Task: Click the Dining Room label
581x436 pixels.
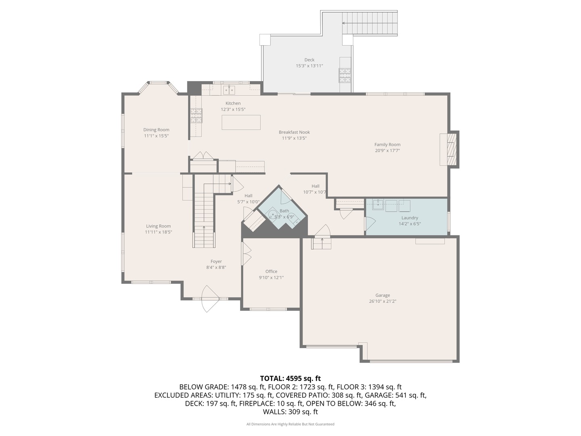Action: tap(156, 130)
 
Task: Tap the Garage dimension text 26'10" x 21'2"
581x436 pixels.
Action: tap(382, 301)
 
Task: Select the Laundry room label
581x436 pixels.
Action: tap(410, 218)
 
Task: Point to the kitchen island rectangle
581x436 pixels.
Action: tap(241, 122)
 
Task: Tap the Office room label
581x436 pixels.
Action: tap(271, 272)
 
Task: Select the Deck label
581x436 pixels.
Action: tap(309, 60)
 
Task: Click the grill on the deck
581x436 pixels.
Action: tap(345, 75)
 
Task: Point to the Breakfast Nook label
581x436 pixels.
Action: tap(294, 132)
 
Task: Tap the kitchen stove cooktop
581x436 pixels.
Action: tap(196, 115)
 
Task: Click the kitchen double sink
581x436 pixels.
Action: tap(229, 89)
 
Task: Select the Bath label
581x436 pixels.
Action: tap(284, 211)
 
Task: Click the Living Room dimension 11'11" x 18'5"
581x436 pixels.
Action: tap(159, 232)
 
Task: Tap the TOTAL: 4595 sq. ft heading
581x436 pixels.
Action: tap(290, 378)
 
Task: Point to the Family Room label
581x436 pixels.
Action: tap(387, 145)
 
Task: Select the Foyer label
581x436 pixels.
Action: tap(216, 262)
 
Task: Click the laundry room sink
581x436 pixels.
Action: tap(378, 205)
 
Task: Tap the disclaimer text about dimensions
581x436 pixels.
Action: tap(290, 424)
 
